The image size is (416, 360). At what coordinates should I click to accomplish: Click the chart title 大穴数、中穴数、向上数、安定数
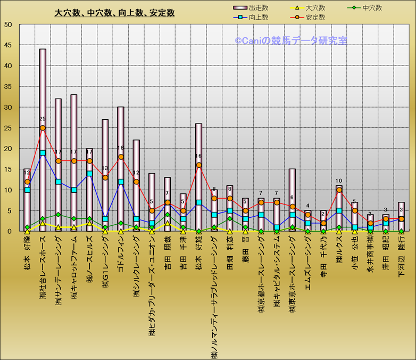pyautogui.click(x=114, y=13)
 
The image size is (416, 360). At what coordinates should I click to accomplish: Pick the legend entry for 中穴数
pyautogui.click(x=365, y=8)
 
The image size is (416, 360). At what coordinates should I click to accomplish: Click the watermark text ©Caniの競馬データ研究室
pyautogui.click(x=291, y=40)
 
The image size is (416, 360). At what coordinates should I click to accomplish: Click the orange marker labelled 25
pyautogui.click(x=43, y=128)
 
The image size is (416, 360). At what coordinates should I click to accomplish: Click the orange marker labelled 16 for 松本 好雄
pyautogui.click(x=199, y=165)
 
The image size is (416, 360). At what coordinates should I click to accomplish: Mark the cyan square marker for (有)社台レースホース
pyautogui.click(x=43, y=153)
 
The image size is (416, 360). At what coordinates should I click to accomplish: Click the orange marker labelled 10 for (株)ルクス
pyautogui.click(x=339, y=190)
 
